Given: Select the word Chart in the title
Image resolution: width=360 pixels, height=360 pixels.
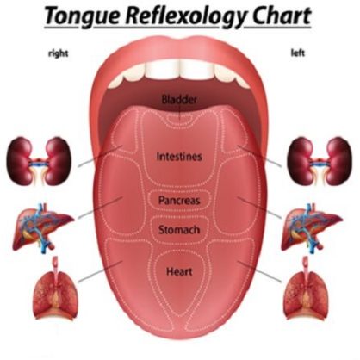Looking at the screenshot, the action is (x=282, y=16).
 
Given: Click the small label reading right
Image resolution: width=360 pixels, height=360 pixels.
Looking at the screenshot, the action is (x=59, y=53).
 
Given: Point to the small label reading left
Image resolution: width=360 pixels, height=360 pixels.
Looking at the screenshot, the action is (x=298, y=53).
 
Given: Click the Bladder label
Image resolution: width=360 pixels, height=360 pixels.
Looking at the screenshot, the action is (x=179, y=100).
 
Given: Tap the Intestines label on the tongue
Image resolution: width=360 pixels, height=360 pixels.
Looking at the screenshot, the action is (x=179, y=157).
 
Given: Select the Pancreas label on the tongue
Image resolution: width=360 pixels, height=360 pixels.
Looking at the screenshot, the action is (x=179, y=200).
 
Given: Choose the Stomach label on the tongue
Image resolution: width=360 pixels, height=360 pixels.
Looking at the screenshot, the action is (x=179, y=230).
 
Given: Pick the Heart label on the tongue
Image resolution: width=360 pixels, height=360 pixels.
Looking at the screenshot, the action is (x=179, y=271).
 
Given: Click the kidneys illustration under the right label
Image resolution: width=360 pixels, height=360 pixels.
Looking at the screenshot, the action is (x=39, y=161).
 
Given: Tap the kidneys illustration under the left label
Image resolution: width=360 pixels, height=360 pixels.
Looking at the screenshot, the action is (x=320, y=161).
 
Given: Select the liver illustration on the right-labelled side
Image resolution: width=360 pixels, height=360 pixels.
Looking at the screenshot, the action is (x=43, y=227).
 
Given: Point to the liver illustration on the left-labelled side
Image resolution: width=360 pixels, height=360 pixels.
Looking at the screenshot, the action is (x=312, y=227).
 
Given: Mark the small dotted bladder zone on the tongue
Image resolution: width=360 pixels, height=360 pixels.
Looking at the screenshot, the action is (x=180, y=118).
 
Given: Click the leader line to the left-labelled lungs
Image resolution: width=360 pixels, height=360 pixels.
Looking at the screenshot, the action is (x=259, y=271).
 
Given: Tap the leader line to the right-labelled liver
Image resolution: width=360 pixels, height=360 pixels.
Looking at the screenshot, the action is (x=100, y=208).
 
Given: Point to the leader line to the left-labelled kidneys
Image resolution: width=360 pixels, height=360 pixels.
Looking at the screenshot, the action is (x=259, y=156).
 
